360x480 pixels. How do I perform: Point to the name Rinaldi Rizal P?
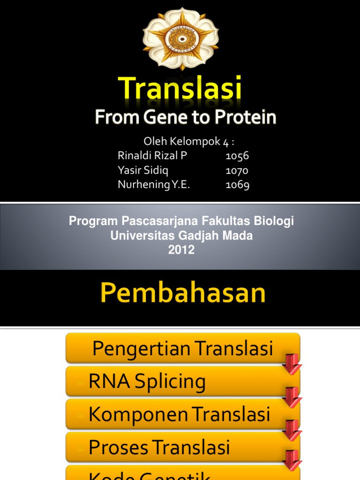pos(152,156)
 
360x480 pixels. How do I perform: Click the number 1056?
pos(237,156)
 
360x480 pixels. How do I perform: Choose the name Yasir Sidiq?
pos(143,170)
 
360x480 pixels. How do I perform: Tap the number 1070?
pos(237,170)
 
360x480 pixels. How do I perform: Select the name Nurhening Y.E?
pos(154,185)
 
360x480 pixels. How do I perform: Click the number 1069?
pos(237,185)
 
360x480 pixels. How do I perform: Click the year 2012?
pos(181,250)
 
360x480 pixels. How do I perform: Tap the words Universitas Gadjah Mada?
pos(181,236)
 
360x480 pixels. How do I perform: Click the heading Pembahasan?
pos(183,293)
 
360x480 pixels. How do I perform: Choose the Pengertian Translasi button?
pos(182,348)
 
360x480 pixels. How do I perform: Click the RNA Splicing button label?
pos(147,382)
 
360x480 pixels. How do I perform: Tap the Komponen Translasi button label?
pos(180,414)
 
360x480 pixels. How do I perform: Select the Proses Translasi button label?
pos(159,447)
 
